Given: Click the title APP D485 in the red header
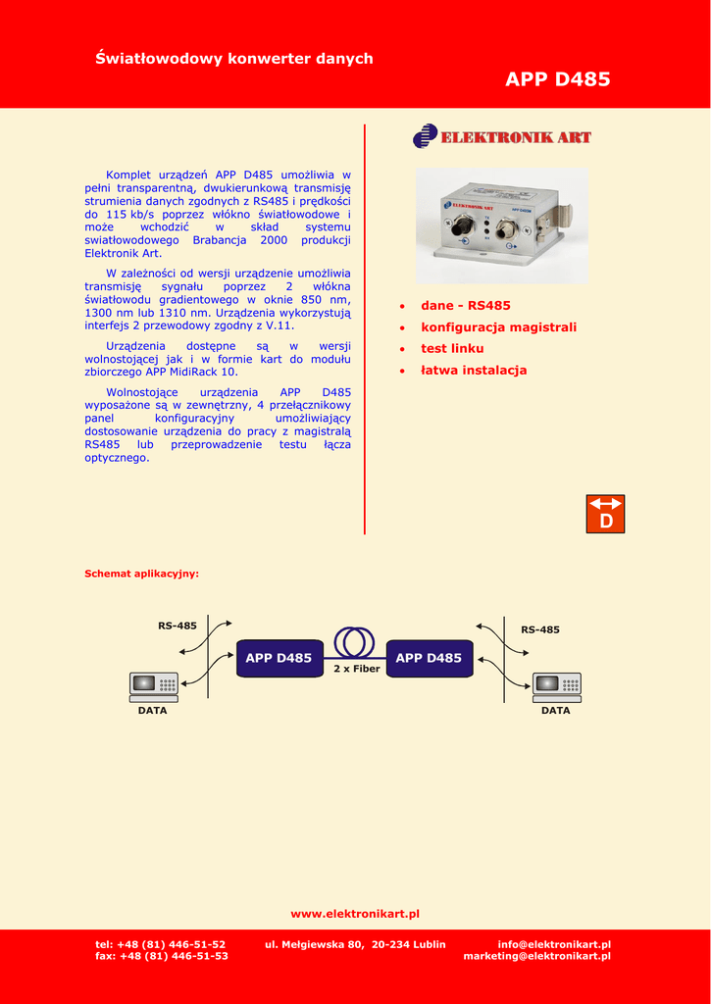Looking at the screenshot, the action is coord(557,79).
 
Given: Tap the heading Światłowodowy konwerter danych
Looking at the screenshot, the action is coord(233,59).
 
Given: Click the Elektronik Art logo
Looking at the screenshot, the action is coord(502,136).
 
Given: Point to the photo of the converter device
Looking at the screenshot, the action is coord(501,226).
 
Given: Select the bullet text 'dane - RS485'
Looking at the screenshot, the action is coord(466,306).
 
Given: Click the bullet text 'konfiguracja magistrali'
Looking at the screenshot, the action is coord(498,327).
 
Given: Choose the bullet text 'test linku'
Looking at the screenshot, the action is coord(452,349).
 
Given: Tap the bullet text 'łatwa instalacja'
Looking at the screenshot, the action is coord(474,371).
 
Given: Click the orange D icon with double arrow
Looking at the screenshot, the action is coord(605,514).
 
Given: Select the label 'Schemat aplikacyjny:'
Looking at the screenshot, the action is coord(141,574).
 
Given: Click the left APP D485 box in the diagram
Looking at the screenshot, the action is coord(279,658).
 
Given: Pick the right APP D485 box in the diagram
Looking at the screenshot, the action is coord(429,658).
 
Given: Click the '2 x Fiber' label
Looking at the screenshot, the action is coord(356,669).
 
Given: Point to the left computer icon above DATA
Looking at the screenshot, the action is coord(154,686).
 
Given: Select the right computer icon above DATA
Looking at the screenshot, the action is coord(557,686).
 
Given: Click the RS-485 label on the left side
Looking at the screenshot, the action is coord(178,626).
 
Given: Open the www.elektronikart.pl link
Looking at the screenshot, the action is coord(355,914).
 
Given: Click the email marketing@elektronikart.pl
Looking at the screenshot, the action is coord(536,956).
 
